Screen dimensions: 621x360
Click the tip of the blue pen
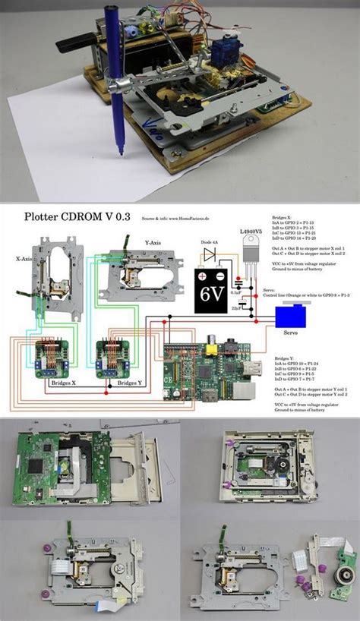tap(118, 154)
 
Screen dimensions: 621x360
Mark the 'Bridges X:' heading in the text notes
tap(281, 217)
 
